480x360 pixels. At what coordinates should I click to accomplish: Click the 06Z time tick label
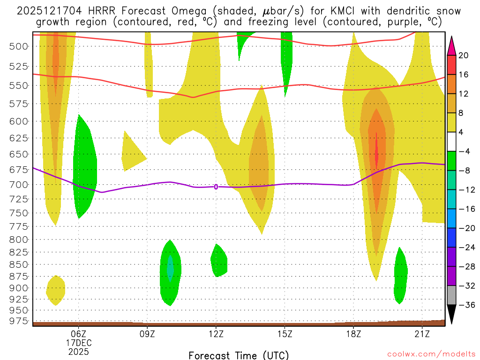point(78,334)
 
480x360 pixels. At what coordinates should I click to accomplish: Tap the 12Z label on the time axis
point(216,334)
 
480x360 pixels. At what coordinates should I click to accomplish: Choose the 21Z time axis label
point(422,334)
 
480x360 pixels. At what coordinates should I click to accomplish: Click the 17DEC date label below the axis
point(78,343)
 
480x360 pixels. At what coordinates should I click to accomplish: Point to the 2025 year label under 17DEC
point(78,351)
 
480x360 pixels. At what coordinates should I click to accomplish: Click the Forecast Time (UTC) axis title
point(239,355)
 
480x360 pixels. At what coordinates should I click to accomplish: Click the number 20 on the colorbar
point(464,55)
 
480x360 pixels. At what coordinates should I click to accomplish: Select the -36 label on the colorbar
point(464,305)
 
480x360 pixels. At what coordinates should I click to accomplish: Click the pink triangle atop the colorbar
point(451,45)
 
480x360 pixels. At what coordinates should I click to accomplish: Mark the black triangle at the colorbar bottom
point(451,315)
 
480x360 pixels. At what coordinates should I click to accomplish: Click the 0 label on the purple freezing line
point(216,187)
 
